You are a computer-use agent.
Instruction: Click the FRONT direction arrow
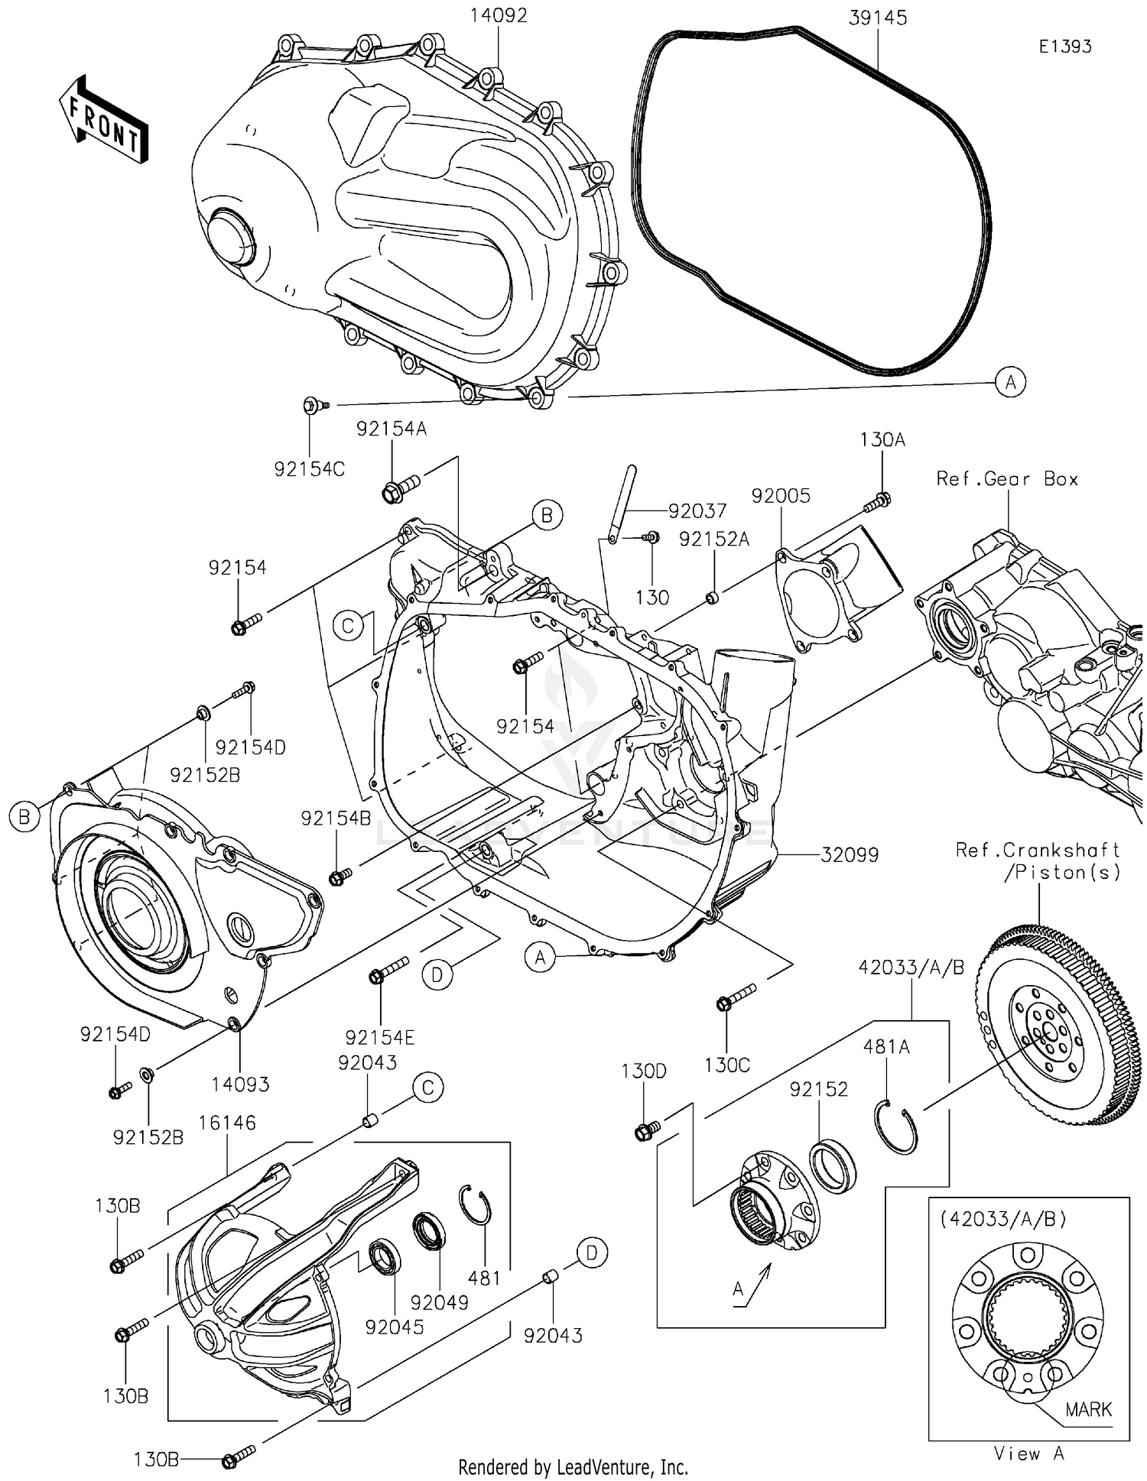(x=103, y=120)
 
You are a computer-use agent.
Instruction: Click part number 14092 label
(x=498, y=15)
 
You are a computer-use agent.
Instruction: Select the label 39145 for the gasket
(x=877, y=18)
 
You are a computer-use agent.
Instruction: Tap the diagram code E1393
(x=1064, y=47)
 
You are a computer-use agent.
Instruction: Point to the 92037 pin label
(x=697, y=510)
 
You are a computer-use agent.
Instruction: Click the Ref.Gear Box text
(x=1007, y=479)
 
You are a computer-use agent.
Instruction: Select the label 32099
(x=850, y=854)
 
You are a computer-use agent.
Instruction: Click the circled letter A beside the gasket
(x=1010, y=381)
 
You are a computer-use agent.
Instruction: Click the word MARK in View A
(x=1087, y=1409)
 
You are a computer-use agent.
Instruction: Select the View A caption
(x=1028, y=1453)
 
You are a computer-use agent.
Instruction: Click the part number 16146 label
(x=227, y=1123)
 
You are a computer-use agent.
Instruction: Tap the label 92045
(x=394, y=1327)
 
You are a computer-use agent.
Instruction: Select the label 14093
(x=240, y=1084)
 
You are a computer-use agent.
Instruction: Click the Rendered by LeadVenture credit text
(x=573, y=1466)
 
